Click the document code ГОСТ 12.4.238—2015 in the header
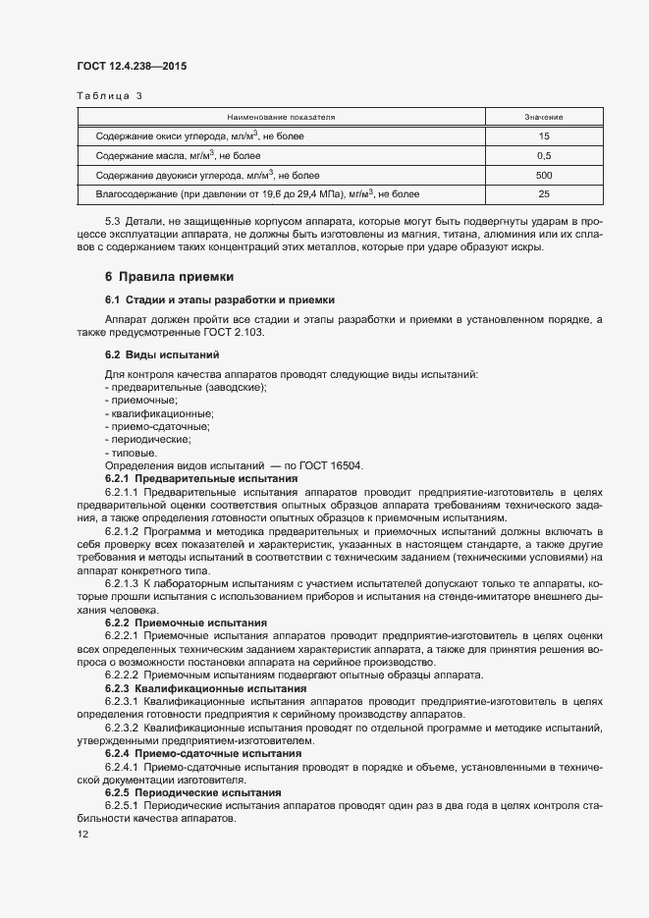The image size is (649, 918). click(x=131, y=67)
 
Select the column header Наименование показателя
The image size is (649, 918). click(x=281, y=117)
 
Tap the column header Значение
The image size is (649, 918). click(x=544, y=117)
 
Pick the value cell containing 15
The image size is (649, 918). click(x=544, y=136)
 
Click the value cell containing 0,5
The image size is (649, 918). click(x=544, y=156)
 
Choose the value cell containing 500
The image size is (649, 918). click(x=544, y=175)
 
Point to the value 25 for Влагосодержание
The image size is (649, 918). click(x=544, y=194)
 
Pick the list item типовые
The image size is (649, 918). click(x=132, y=453)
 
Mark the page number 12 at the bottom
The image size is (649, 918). click(x=82, y=835)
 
